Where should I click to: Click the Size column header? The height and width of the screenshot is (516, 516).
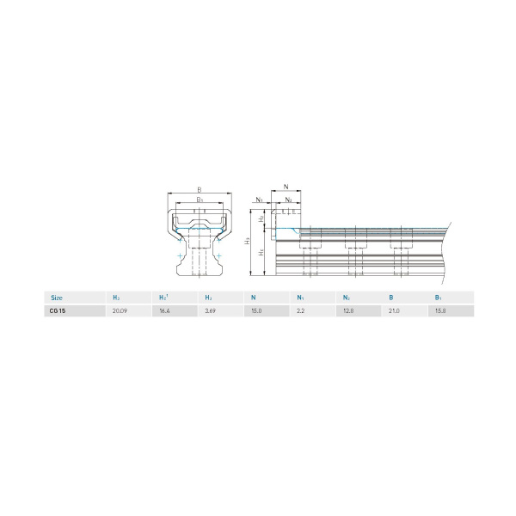coord(57,298)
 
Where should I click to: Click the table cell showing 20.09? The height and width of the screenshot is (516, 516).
coord(120,311)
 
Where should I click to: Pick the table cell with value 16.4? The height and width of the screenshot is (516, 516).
coord(164,311)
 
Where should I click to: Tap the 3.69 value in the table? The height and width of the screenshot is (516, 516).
coord(211,311)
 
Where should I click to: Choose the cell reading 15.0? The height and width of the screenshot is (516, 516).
coord(256,311)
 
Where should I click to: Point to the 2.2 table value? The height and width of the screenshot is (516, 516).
coord(300,311)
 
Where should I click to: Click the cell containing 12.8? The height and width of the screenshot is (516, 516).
coord(347,311)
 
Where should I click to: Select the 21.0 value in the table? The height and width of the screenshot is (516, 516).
coord(394,311)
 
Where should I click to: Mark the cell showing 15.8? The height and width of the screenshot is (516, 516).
coord(440,311)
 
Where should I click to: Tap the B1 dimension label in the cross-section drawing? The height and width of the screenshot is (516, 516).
coord(200,199)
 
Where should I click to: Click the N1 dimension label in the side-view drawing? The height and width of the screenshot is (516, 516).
coord(260,199)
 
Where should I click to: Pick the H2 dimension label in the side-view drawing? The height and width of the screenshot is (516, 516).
coord(262,220)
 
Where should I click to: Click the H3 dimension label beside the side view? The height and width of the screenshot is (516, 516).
coord(248,241)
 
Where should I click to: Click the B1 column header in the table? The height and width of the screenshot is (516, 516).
coord(439,298)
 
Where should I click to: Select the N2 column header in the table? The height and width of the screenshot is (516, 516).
coord(346,298)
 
